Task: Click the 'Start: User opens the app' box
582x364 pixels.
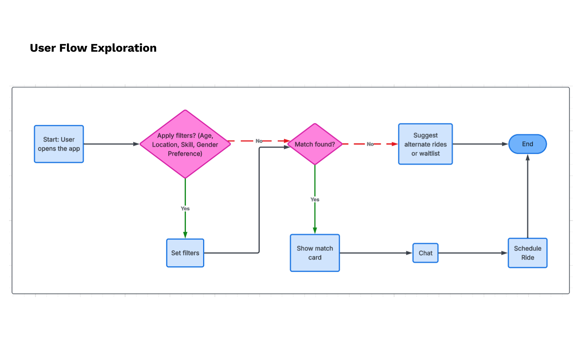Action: [x=59, y=144]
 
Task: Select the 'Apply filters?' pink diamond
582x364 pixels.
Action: [x=185, y=144]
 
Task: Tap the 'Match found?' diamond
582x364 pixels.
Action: [x=315, y=144]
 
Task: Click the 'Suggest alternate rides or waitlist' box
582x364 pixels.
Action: [x=425, y=144]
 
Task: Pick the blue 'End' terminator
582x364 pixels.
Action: [x=527, y=144]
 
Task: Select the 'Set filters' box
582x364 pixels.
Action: [x=185, y=253]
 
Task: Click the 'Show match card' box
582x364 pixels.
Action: [x=315, y=253]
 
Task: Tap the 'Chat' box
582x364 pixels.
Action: [x=425, y=253]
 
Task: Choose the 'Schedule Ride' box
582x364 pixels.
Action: [x=527, y=253]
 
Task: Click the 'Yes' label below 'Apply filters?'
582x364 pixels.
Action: [x=185, y=209]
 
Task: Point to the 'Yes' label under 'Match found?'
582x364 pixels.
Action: [x=315, y=199]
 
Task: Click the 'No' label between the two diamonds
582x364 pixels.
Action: [x=259, y=141]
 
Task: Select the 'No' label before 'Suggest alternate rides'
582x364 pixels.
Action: [x=370, y=144]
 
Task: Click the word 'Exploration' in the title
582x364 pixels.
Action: [x=124, y=48]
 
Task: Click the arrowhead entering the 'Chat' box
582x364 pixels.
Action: [x=409, y=253]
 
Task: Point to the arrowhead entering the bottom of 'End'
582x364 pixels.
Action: [x=527, y=158]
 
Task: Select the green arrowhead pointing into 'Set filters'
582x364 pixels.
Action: [x=185, y=235]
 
